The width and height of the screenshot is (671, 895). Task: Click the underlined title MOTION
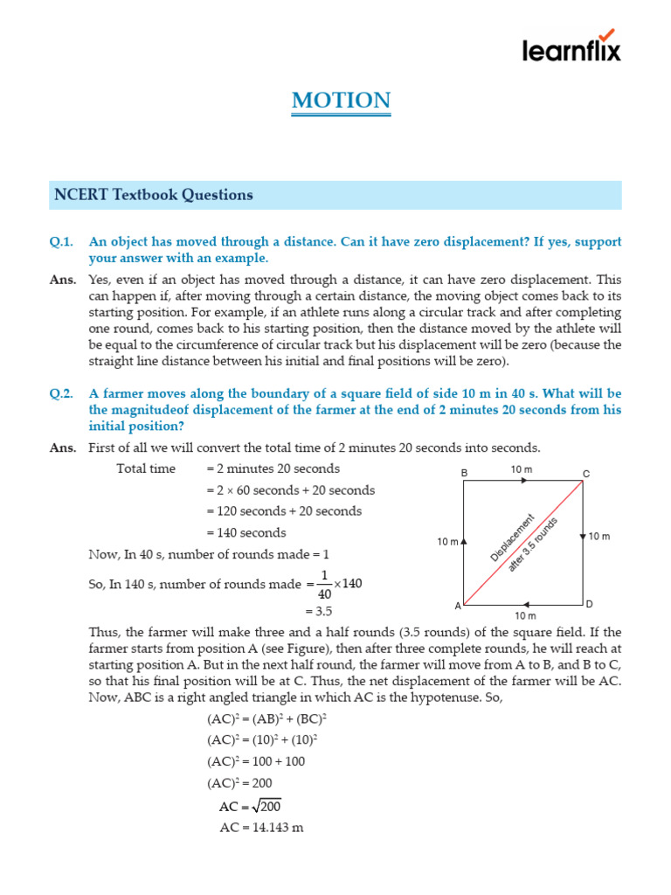(x=341, y=101)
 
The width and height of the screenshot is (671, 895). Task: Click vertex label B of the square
(x=465, y=473)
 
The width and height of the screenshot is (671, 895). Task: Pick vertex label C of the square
(x=586, y=474)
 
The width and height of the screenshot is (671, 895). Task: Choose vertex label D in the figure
(x=589, y=604)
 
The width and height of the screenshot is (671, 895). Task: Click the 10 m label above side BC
(x=522, y=469)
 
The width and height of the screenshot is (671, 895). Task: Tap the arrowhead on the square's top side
(x=525, y=482)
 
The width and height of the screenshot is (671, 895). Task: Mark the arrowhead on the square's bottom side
(x=525, y=604)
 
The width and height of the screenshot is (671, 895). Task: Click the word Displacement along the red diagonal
(x=512, y=538)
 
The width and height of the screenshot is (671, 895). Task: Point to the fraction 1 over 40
(x=323, y=585)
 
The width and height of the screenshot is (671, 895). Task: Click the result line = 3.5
(x=318, y=611)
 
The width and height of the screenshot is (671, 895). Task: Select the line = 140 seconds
(x=246, y=532)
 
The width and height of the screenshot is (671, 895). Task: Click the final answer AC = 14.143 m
(x=261, y=828)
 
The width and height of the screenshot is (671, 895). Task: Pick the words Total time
(x=146, y=469)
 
